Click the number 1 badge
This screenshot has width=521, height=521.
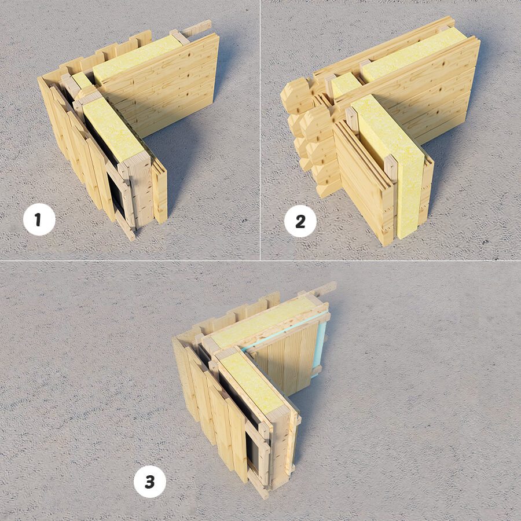39,219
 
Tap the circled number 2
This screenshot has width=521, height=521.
300,221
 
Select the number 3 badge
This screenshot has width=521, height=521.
149,482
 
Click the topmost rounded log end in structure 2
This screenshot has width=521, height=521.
297,95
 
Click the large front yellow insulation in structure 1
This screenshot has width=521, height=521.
112,130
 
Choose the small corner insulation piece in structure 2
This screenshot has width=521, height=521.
345,85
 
